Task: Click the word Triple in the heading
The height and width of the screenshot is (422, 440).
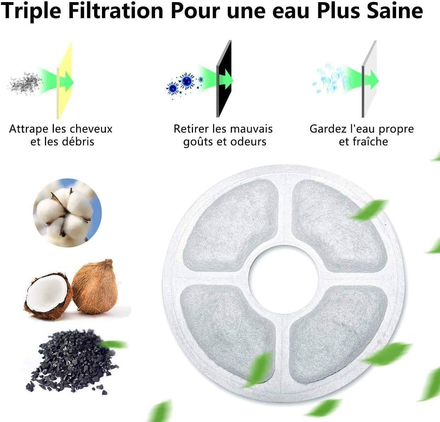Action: click(x=32, y=11)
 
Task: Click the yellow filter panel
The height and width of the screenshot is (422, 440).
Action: click(x=64, y=81)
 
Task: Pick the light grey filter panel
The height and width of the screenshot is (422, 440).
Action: click(x=369, y=79)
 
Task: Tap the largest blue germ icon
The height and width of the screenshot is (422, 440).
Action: click(x=187, y=80)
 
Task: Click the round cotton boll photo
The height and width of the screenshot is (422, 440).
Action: click(x=67, y=213)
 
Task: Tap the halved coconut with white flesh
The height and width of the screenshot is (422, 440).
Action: click(x=48, y=296)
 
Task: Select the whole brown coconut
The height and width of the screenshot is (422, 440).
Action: click(x=95, y=286)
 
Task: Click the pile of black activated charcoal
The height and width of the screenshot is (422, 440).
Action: click(x=72, y=362)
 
